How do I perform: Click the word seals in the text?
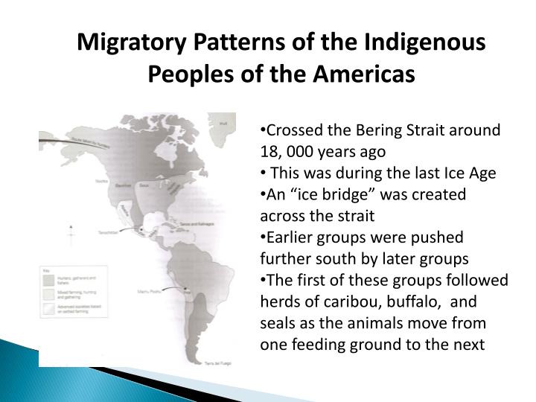(x=277, y=324)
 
